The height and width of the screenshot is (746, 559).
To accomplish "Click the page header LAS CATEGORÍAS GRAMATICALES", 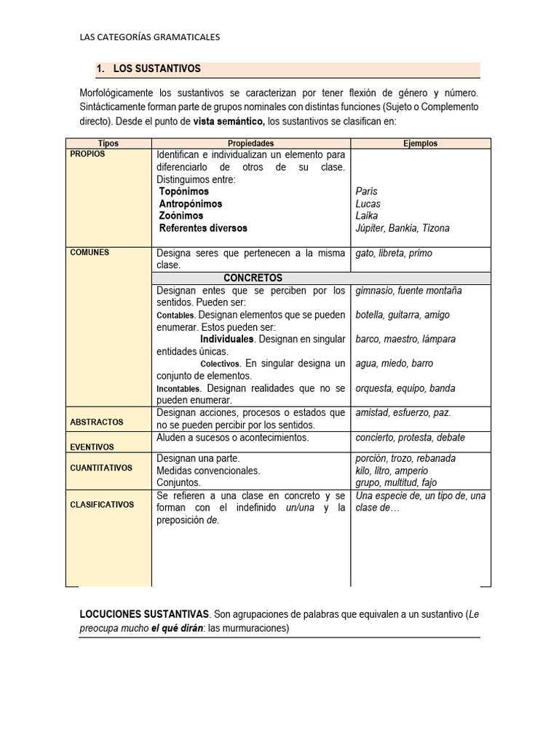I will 149,36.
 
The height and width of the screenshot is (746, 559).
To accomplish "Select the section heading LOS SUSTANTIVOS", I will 156,68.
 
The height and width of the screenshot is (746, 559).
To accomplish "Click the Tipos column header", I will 108,144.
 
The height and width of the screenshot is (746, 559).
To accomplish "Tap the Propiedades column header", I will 250,144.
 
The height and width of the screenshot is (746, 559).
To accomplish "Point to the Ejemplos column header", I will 420,144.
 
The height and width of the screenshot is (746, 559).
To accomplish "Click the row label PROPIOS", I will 87,154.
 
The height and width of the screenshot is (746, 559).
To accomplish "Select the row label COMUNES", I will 90,253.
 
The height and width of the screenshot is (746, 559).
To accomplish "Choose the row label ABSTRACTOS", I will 96,422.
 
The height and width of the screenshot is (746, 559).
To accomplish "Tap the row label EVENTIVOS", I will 92,447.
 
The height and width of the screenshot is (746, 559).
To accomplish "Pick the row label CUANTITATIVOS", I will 101,468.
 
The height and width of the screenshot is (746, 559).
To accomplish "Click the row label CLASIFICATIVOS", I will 102,504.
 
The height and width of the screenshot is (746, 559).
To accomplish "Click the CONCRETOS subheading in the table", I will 253,278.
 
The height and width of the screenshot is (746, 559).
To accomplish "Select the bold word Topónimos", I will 183,192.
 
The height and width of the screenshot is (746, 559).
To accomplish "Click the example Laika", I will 368,216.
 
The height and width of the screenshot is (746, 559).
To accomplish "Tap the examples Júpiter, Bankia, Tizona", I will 403,228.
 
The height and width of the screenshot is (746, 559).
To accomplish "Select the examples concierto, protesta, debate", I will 410,438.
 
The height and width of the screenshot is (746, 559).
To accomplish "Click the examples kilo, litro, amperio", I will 392,471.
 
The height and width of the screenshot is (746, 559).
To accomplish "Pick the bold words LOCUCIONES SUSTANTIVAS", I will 144,614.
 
